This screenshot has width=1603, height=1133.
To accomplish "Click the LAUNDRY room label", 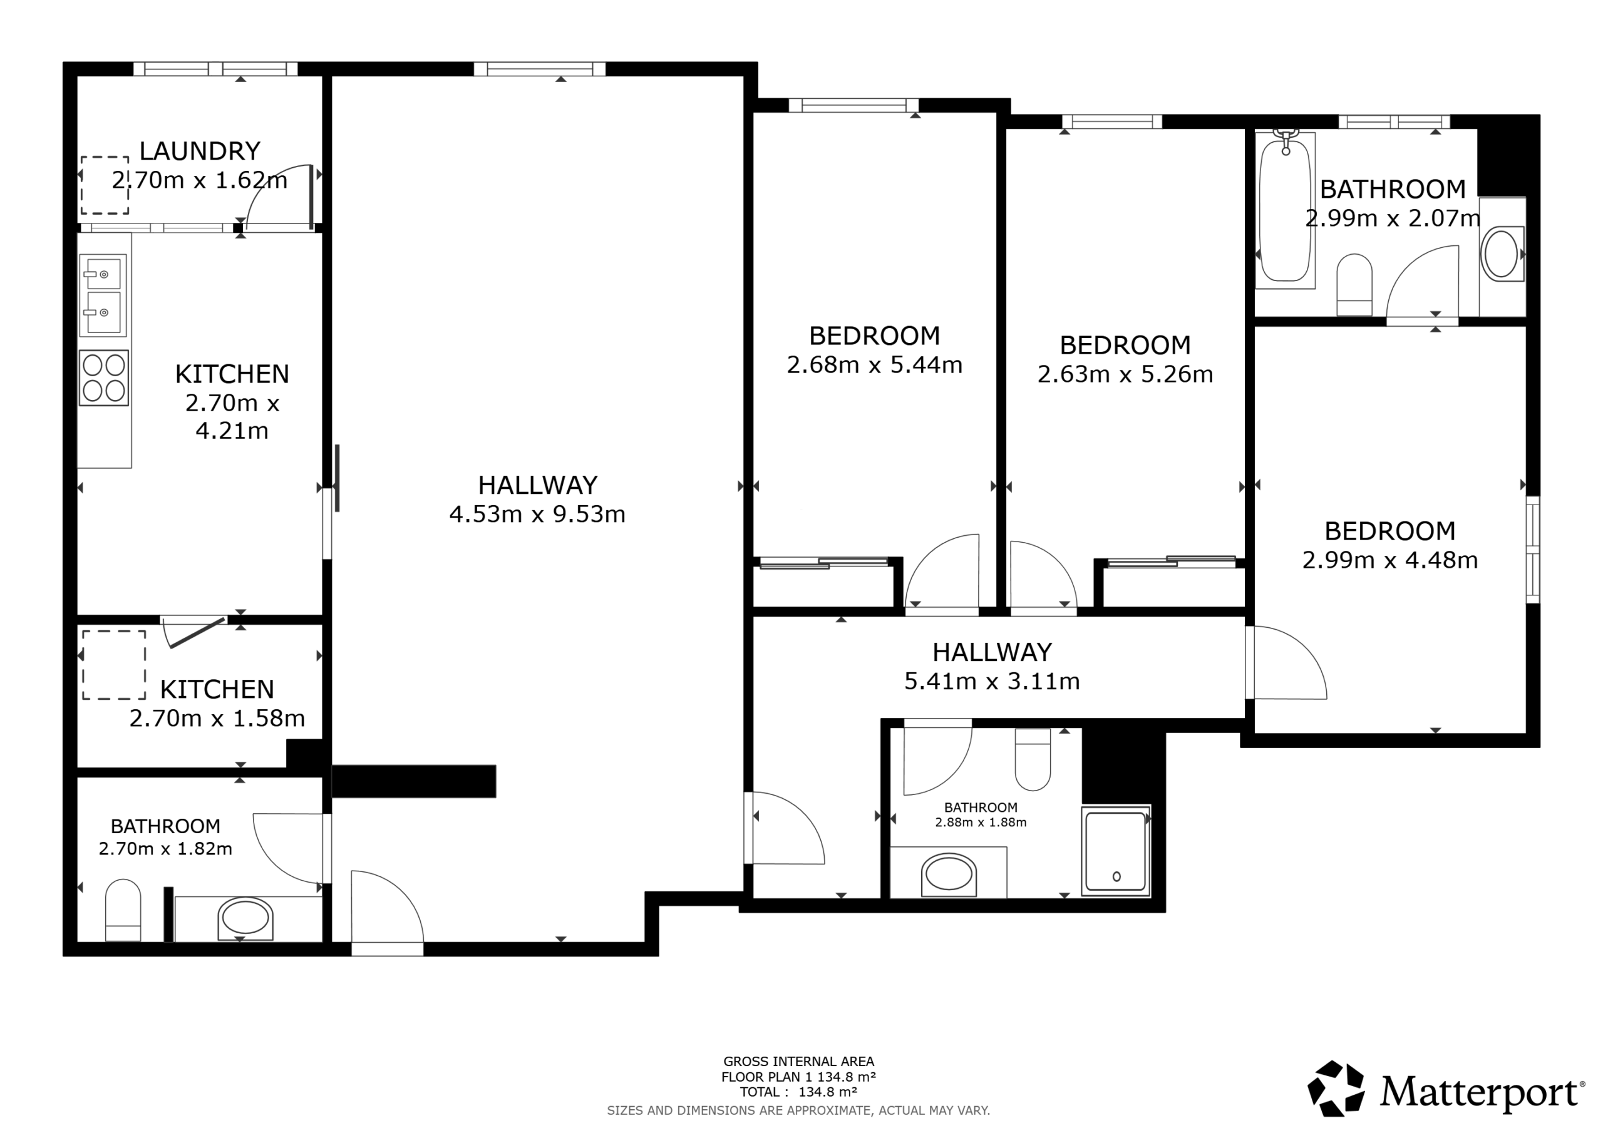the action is click(x=200, y=151).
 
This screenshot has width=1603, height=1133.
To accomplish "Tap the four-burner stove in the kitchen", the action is click(x=104, y=377).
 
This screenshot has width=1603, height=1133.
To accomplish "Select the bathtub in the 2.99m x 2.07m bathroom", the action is click(x=1286, y=210).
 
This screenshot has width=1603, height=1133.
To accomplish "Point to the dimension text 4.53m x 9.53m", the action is click(x=538, y=515).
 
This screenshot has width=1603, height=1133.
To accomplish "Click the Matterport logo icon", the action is click(x=1336, y=1089).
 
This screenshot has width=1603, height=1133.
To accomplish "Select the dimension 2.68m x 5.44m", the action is click(x=875, y=365).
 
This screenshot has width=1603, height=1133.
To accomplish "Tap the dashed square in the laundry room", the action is click(x=105, y=185).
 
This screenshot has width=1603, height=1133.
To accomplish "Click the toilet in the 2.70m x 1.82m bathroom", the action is click(x=123, y=910).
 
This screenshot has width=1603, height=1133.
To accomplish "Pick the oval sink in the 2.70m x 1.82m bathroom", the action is click(x=245, y=918).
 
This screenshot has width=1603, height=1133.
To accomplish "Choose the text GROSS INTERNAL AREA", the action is click(x=799, y=1062).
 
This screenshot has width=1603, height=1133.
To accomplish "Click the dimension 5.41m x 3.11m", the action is click(x=992, y=681).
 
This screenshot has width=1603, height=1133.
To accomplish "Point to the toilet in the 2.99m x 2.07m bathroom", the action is click(x=1354, y=285).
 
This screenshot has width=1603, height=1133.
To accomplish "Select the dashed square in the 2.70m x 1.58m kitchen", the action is click(x=115, y=665).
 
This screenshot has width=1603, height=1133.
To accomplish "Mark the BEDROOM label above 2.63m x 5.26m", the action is click(x=1125, y=346).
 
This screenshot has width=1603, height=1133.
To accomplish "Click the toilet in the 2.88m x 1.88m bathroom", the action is click(x=1033, y=759).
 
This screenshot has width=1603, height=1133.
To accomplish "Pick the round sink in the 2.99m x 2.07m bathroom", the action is click(x=1501, y=254).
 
